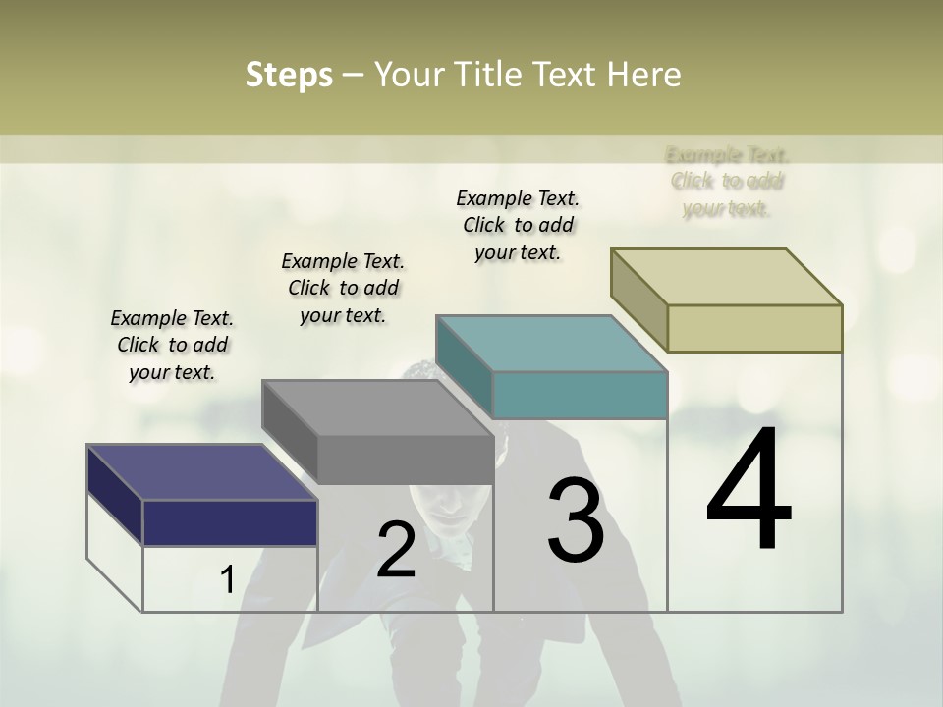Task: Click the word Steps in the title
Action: (x=289, y=76)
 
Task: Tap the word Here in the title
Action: (x=642, y=75)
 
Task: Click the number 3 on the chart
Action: (x=576, y=519)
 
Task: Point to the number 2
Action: (x=396, y=550)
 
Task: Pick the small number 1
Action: (x=227, y=580)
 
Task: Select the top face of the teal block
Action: (x=551, y=343)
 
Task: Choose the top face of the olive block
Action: (x=726, y=276)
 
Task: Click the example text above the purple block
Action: (x=172, y=345)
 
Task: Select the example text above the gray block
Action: (x=343, y=288)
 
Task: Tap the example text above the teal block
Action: (x=518, y=225)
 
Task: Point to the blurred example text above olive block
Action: (x=727, y=182)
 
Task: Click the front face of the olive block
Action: (x=754, y=328)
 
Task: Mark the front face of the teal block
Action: (x=580, y=395)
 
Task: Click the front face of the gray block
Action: (x=405, y=460)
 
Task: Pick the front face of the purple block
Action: (x=230, y=522)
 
